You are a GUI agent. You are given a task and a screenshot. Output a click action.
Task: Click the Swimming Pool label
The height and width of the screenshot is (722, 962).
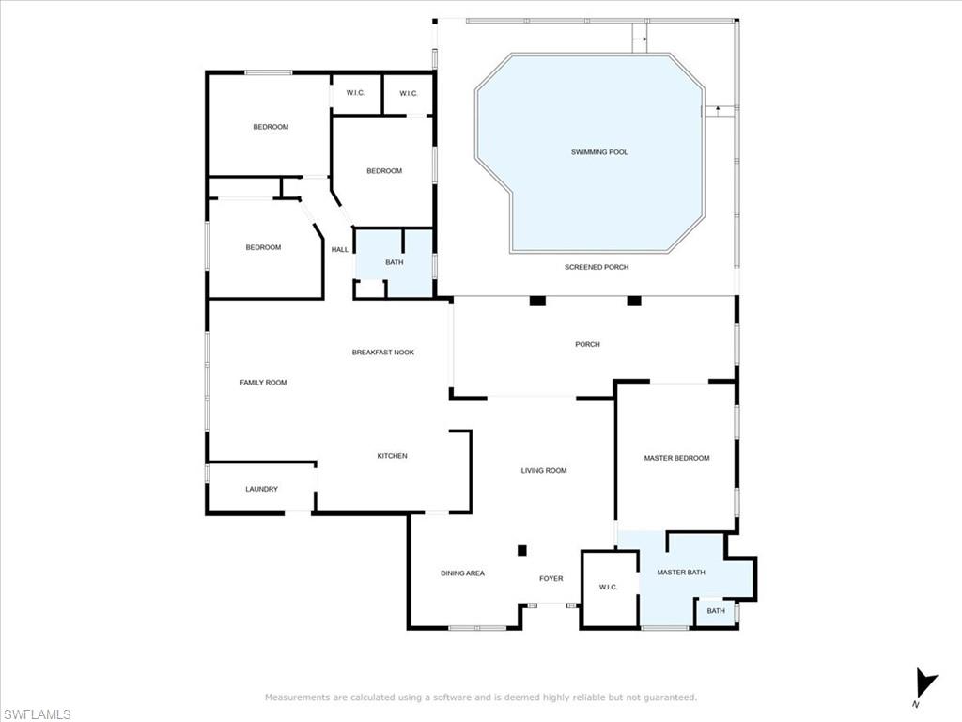click(x=599, y=152)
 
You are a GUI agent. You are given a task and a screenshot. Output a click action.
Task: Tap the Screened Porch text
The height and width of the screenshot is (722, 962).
click(x=597, y=267)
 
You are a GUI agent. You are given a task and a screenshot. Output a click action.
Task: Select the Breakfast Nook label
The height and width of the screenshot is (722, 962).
click(x=382, y=353)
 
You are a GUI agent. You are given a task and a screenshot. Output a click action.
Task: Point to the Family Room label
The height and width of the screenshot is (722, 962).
click(x=263, y=383)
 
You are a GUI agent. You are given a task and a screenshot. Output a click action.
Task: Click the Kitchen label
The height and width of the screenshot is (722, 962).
click(x=392, y=456)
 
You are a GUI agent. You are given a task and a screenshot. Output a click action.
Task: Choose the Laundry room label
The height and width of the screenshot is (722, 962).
click(x=261, y=489)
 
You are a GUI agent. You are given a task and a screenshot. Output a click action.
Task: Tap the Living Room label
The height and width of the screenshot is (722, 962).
click(x=544, y=470)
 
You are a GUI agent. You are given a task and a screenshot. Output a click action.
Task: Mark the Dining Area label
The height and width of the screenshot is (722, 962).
click(x=462, y=573)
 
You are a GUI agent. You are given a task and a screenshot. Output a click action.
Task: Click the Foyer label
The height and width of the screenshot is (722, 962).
click(x=551, y=578)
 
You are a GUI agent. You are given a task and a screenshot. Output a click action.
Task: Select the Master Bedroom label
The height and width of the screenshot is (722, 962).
click(x=676, y=458)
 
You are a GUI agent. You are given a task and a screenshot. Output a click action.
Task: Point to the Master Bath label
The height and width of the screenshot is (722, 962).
click(x=681, y=572)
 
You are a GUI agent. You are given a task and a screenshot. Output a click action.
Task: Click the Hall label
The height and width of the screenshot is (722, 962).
click(x=340, y=249)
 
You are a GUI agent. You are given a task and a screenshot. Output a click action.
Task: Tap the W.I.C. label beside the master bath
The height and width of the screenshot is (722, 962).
click(x=608, y=588)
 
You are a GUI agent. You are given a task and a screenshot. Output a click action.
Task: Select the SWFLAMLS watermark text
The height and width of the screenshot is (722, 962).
click(x=38, y=714)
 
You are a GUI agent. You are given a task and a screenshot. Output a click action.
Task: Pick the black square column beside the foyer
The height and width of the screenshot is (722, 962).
click(x=522, y=551)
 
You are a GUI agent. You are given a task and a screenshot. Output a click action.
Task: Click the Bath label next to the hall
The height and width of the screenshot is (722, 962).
click(x=394, y=262)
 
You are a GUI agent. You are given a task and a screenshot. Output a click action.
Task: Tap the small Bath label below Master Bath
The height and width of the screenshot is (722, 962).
click(x=716, y=611)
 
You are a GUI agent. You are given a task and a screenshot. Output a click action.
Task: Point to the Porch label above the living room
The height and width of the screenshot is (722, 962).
click(x=587, y=344)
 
